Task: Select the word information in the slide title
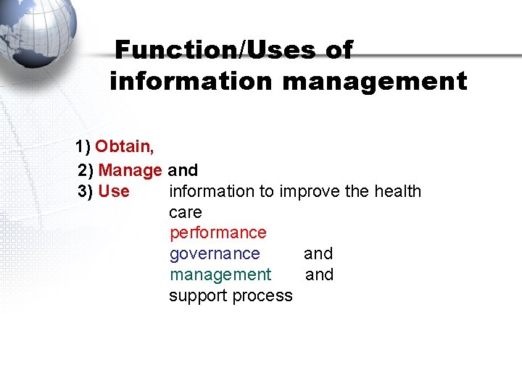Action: [x=192, y=82]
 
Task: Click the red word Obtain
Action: [x=124, y=147]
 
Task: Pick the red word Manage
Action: [x=130, y=171]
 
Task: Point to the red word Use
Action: [x=113, y=192]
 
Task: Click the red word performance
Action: [x=217, y=233]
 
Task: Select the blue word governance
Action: [x=215, y=254]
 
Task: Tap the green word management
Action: [x=220, y=275]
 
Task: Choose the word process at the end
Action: [x=265, y=296]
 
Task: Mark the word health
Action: [x=397, y=192]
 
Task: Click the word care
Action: [x=185, y=213]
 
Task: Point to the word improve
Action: [x=308, y=192]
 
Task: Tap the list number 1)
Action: [x=83, y=147]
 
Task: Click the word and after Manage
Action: [x=183, y=171]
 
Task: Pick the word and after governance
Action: [x=318, y=254]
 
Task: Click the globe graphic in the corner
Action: [x=36, y=33]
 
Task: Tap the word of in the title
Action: [x=338, y=51]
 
